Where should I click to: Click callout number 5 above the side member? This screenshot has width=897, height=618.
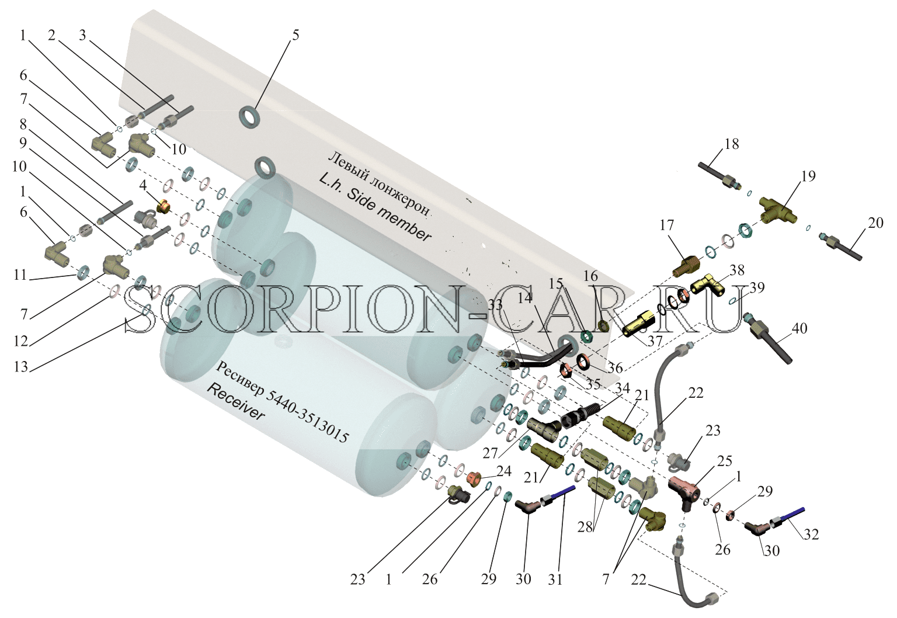pos(295,35)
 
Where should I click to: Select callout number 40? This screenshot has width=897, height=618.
pos(799,328)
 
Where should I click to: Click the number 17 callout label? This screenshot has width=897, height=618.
pos(667,225)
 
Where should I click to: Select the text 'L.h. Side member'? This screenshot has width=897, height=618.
pos(376,208)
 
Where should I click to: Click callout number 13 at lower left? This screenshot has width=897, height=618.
pos(21,367)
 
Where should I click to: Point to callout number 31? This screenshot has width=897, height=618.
pos(555,579)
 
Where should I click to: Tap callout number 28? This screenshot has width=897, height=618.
pos(585,527)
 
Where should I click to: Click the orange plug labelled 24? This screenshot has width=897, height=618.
pos(474,477)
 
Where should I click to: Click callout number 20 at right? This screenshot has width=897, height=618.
pos(875,223)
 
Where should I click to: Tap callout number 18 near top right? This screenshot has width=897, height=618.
pos(732,144)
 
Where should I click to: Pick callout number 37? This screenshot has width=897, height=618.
pos(655,341)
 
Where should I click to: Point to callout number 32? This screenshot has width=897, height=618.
pos(811,534)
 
